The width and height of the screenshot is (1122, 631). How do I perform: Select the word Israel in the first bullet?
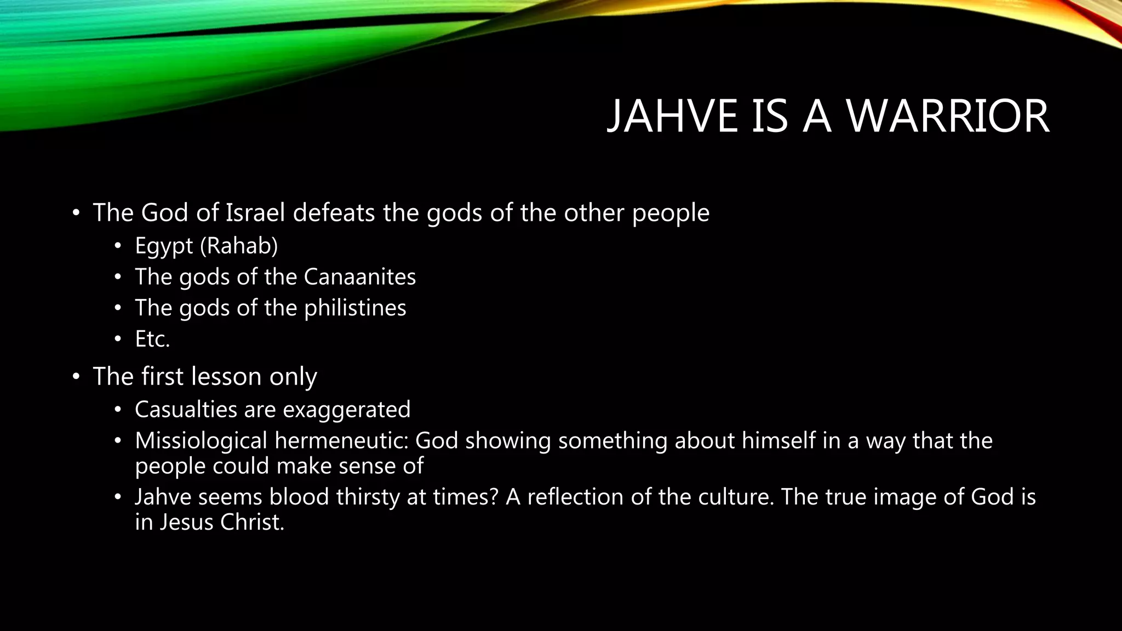[x=255, y=213]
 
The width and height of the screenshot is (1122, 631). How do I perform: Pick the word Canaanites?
[x=359, y=277]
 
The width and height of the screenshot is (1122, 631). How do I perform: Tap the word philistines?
[x=355, y=308]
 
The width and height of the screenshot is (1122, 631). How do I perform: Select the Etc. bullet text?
[x=152, y=339]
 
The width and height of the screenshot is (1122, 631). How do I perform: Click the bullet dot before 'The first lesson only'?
[x=76, y=377]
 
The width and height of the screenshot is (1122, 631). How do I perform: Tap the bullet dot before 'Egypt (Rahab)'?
[x=117, y=246]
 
